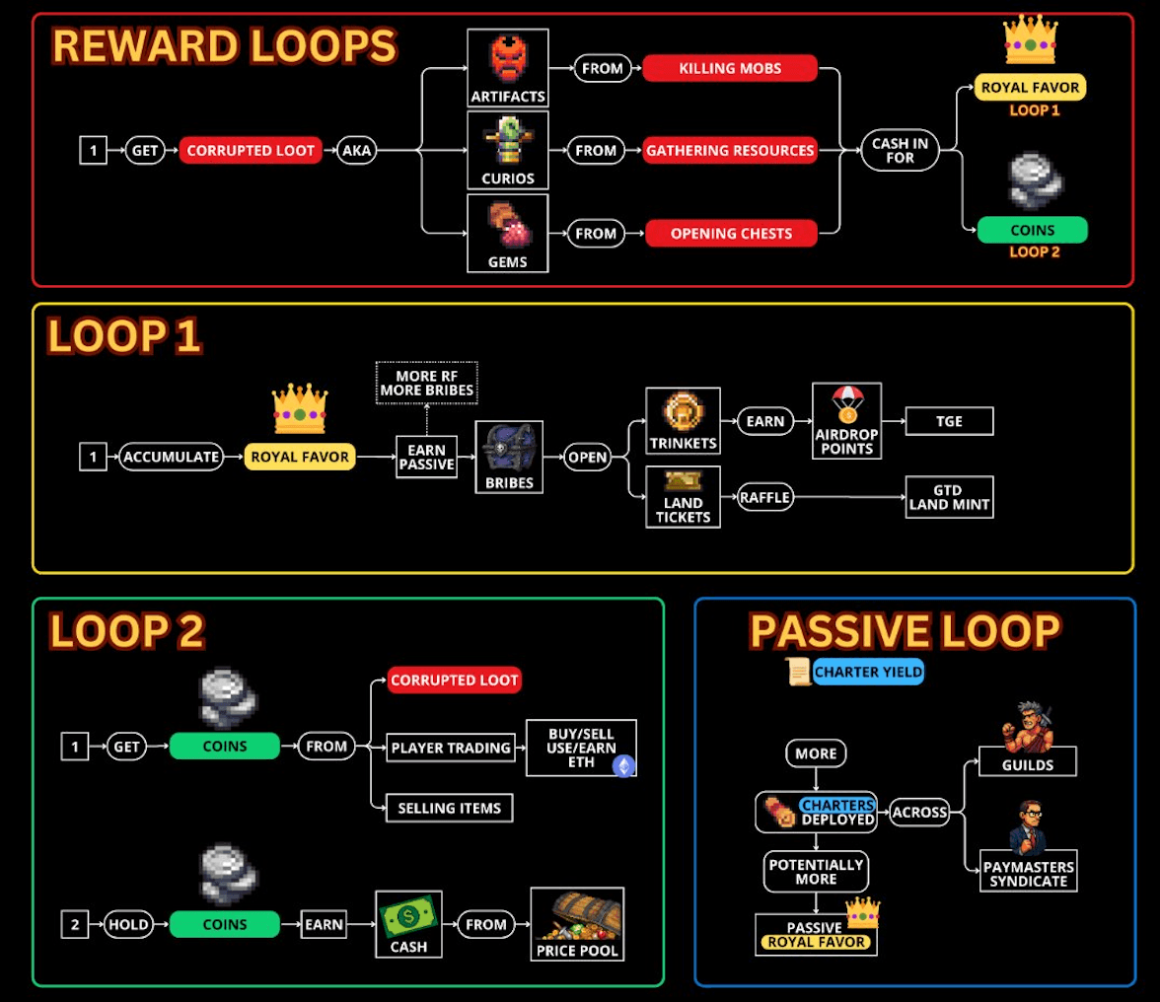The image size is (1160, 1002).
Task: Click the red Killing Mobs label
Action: coord(730,68)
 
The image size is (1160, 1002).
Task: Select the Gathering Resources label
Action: coord(730,151)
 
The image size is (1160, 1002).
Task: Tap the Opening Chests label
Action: coord(730,234)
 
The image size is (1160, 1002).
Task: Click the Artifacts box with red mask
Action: coord(507,68)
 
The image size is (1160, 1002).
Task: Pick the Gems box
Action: coord(507,234)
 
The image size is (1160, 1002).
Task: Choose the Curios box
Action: coord(507,151)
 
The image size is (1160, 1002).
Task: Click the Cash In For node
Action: coord(900,151)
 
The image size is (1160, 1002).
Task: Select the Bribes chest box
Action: coord(509,458)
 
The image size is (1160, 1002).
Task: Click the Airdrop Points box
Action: coord(846,421)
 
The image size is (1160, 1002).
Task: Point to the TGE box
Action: coord(949,422)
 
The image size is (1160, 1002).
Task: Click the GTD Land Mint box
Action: coord(949,498)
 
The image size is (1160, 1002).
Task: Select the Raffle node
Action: coord(765,498)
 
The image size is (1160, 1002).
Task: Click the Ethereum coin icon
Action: coord(623,766)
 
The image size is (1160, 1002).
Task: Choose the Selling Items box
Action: coord(449,808)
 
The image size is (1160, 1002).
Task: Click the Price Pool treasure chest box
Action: coord(577,924)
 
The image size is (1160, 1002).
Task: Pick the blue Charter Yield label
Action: coord(869,673)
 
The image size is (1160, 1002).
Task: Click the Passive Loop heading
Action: coord(904,631)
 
